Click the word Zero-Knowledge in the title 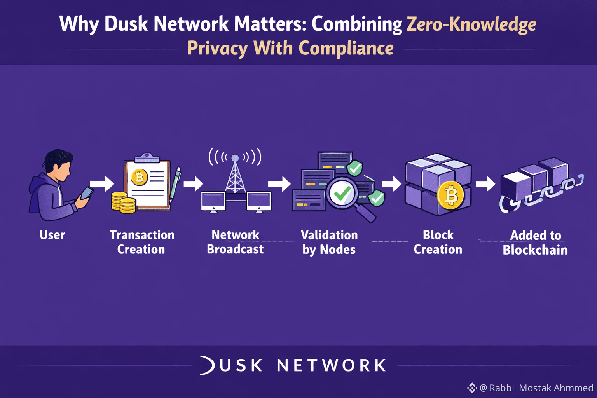[471, 24]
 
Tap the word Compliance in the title [346, 49]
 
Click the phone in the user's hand [87, 193]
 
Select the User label [52, 235]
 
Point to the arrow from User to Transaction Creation [102, 183]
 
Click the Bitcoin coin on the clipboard [139, 178]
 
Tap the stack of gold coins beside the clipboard [123, 202]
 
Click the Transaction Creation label [141, 242]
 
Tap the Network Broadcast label [235, 242]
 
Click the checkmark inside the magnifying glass [342, 193]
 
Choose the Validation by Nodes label [329, 242]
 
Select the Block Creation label [438, 242]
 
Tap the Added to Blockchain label [535, 243]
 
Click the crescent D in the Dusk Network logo [207, 365]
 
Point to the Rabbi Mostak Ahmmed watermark [536, 388]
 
